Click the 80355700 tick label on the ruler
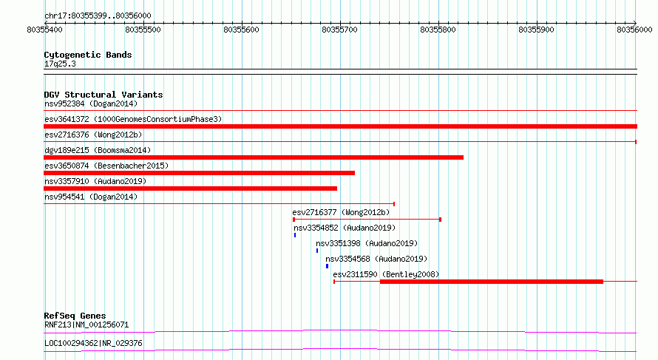[x=339, y=30]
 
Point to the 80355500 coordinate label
[x=143, y=30]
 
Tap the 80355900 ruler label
[x=536, y=30]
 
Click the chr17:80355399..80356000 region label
[x=98, y=16]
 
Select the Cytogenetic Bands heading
[x=88, y=55]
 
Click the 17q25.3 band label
[x=60, y=64]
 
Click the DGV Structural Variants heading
[x=104, y=95]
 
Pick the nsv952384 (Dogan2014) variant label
[x=91, y=103]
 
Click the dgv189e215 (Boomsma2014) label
[x=98, y=150]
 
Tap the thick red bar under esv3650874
[x=200, y=173]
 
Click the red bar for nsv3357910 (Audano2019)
[x=191, y=189]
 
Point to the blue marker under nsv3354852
[x=295, y=235]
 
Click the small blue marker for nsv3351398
[x=317, y=251]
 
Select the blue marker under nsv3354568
[x=328, y=266]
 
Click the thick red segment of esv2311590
[x=492, y=282]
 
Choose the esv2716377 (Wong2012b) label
[x=341, y=212]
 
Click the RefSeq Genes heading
[x=75, y=316]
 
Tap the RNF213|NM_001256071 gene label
[x=87, y=325]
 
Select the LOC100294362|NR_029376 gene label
[x=93, y=343]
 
